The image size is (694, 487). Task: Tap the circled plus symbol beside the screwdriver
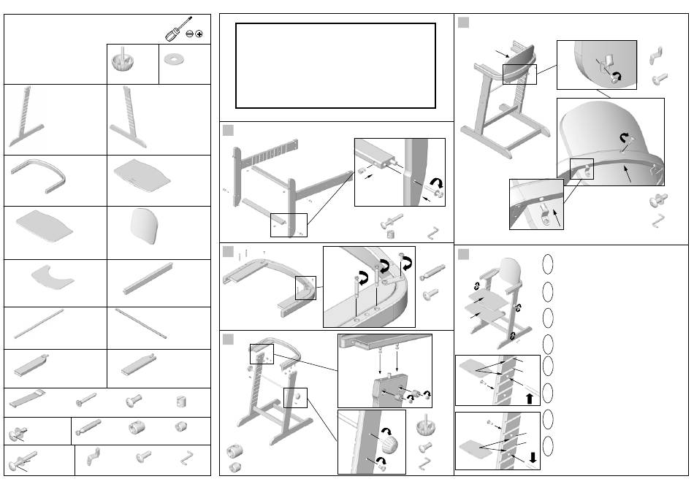pyautogui.click(x=199, y=34)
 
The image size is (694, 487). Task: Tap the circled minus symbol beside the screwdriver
pyautogui.click(x=188, y=34)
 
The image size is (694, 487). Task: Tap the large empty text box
pyautogui.click(x=335, y=65)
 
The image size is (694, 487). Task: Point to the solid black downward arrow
pyautogui.click(x=535, y=459)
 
